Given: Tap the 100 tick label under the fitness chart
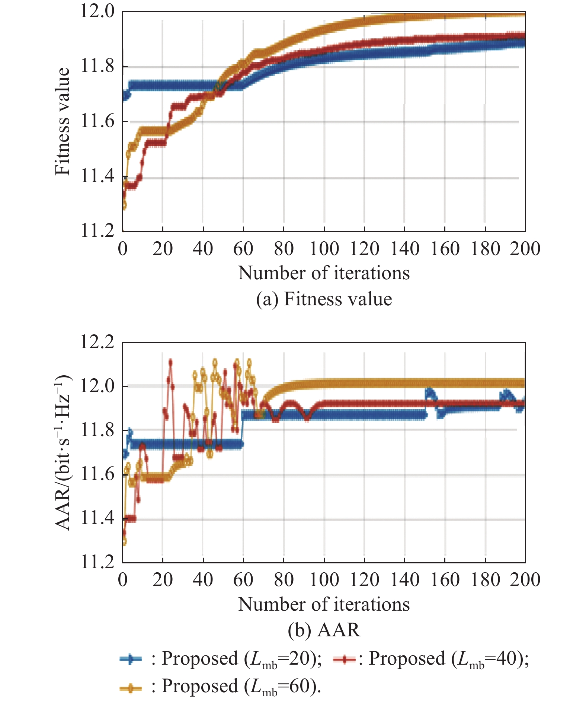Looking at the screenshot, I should [x=324, y=249].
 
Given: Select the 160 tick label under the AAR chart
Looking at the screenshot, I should [x=445, y=580].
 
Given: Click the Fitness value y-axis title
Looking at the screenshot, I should [x=62, y=121].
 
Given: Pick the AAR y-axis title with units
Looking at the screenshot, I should [x=62, y=452].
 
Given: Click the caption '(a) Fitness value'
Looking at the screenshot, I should [x=324, y=299].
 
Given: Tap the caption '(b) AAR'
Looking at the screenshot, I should [x=324, y=630].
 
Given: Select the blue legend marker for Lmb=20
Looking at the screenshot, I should [x=131, y=659].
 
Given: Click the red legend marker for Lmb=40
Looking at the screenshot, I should [x=344, y=659].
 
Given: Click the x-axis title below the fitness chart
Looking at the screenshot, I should [x=324, y=273].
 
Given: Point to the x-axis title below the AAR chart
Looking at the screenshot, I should [x=324, y=604].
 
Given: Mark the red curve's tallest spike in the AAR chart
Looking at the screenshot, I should [x=170, y=362].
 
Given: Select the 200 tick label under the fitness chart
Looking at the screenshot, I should [x=525, y=249].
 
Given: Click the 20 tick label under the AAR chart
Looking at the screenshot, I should [x=163, y=580].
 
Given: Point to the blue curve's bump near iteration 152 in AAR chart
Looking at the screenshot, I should [x=429, y=391].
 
